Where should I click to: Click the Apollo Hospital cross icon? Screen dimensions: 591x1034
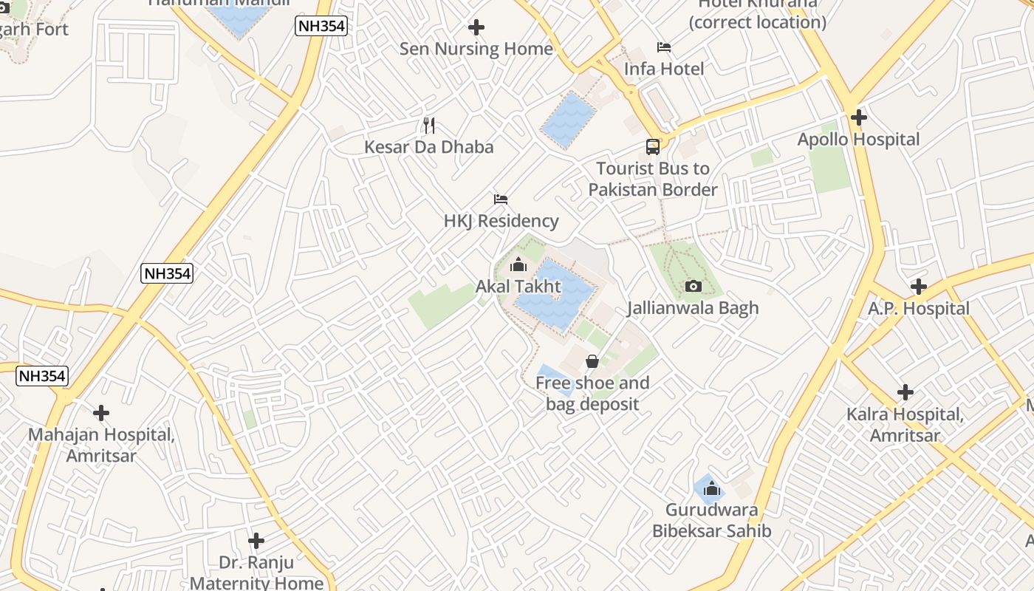coord(858,117)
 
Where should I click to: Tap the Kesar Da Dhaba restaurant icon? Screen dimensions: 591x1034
coord(428,125)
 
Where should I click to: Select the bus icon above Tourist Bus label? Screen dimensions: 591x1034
coord(653,146)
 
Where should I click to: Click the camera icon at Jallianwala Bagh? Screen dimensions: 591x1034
coord(693,286)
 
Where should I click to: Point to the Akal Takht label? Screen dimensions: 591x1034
coord(518,287)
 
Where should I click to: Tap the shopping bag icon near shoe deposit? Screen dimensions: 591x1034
coord(592,361)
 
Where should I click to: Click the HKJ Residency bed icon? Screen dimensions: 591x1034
coord(501,199)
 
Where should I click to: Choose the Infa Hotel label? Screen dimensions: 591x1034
coord(663,69)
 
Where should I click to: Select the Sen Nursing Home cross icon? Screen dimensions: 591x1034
coord(476,27)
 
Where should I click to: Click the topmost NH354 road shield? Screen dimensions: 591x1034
coord(321,27)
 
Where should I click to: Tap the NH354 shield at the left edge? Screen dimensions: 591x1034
coord(42,375)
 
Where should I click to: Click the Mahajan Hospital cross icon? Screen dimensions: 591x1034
coord(101,413)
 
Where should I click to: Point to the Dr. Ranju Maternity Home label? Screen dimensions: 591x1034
coord(256,573)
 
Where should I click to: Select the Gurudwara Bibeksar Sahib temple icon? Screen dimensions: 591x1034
coord(711,488)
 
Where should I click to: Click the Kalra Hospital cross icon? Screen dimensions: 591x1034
coord(905,392)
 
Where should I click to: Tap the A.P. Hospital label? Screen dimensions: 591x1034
coord(918,309)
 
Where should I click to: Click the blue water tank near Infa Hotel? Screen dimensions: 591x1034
coord(568,120)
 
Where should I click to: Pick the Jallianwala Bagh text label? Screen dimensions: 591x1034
coord(692,308)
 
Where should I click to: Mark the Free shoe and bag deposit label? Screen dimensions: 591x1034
coord(592,394)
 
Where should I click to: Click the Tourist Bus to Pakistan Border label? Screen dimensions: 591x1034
coord(653,180)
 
